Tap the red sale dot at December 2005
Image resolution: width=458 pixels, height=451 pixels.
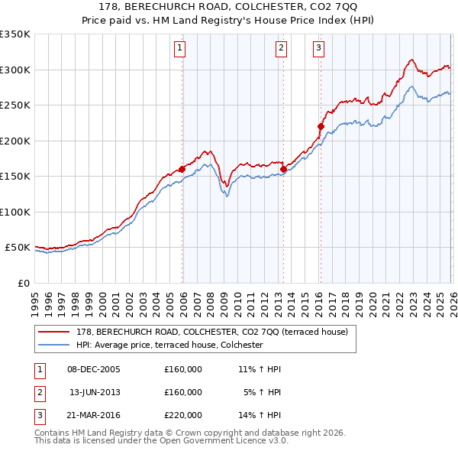(x=182, y=169)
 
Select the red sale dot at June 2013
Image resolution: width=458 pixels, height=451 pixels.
(x=283, y=169)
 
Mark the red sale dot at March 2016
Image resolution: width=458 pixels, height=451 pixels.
(x=321, y=126)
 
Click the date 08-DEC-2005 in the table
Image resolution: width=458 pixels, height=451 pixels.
(x=94, y=369)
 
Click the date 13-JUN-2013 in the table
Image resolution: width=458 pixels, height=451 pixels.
(x=94, y=391)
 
